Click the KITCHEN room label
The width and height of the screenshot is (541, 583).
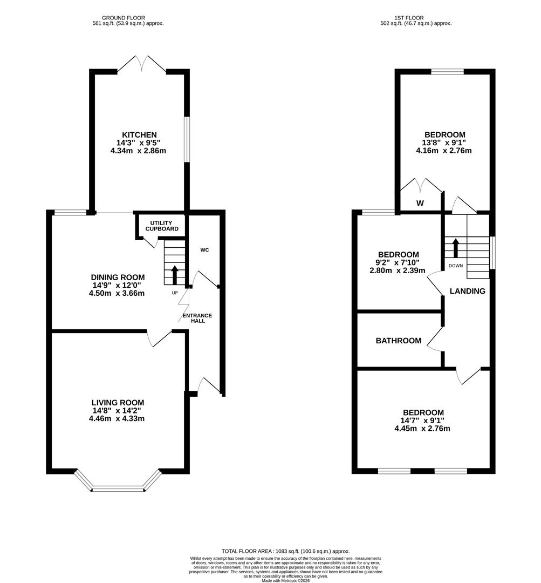click(x=139, y=135)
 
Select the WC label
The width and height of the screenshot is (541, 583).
click(x=204, y=250)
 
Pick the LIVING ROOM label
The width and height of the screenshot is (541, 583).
click(x=118, y=402)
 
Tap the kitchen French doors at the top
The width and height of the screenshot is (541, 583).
click(x=142, y=64)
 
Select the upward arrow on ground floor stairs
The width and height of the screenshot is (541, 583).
click(x=174, y=274)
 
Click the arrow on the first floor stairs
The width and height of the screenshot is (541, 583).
click(x=455, y=247)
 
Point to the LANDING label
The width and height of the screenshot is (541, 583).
click(x=467, y=291)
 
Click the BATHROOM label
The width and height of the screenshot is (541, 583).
click(x=398, y=341)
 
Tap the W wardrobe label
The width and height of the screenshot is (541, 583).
click(x=420, y=204)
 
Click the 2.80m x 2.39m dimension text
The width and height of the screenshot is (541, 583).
click(x=398, y=270)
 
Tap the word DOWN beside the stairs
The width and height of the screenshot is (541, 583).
click(x=455, y=266)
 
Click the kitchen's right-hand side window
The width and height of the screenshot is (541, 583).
click(x=187, y=139)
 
